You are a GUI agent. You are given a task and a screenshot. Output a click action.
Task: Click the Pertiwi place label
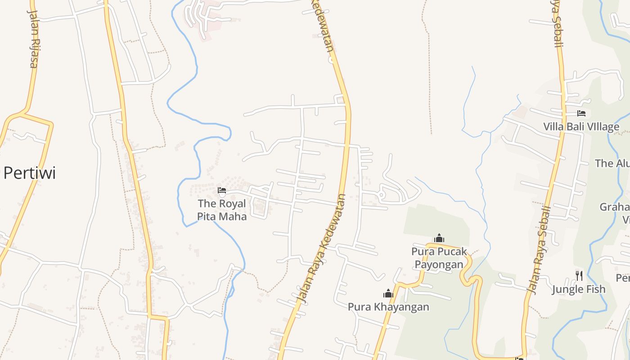pos(29,173)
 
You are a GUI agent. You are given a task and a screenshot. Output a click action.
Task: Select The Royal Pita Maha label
pos(222,210)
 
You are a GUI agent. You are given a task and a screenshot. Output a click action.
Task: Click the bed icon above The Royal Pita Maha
pos(222,191)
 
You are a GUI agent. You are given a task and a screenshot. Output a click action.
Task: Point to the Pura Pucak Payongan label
pos(439,258)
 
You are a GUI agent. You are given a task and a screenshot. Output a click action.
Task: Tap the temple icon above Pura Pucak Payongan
pos(439,238)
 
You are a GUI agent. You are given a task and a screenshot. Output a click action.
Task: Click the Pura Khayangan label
pos(388,307)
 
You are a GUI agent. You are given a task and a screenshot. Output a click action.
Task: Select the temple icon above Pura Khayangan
pos(388,294)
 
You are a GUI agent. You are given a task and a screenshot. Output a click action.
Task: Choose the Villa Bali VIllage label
pos(581,126)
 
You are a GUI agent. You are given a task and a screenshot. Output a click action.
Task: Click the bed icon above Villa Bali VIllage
pos(581,113)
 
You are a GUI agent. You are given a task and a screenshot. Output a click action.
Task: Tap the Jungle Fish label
pos(579,289)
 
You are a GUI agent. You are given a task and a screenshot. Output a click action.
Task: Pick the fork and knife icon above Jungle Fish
pos(579,275)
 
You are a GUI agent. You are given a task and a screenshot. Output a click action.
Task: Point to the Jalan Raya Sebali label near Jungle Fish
pos(540,250)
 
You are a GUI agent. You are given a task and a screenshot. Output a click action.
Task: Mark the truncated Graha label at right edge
pos(615,207)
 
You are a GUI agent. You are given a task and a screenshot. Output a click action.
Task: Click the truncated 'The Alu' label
pos(612,163)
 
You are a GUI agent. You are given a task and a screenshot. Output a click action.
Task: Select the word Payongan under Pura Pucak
pos(439,264)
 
